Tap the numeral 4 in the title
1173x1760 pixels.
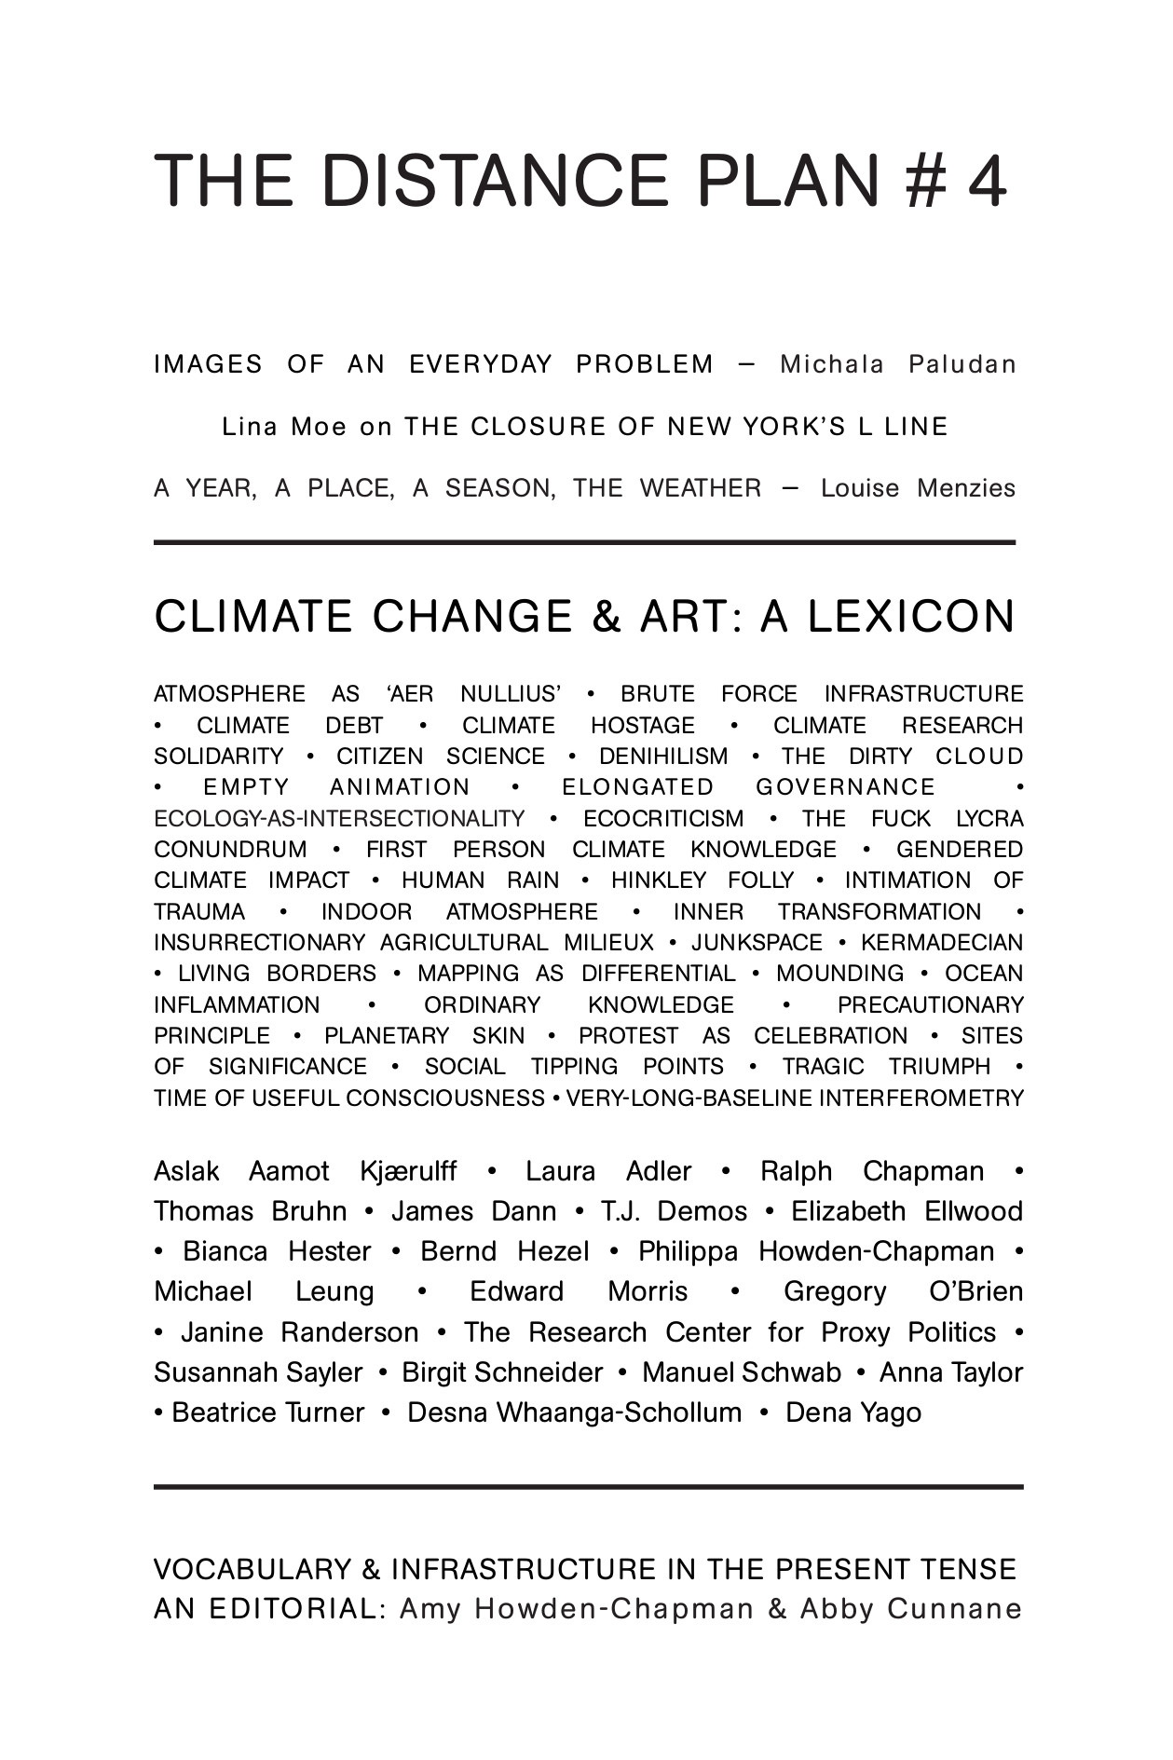point(987,181)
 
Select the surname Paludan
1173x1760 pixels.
point(962,364)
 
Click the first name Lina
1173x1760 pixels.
point(251,427)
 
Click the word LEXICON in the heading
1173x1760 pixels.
point(910,617)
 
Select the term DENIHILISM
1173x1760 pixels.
point(662,757)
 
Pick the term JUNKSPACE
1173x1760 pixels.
point(757,943)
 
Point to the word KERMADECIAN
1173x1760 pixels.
point(942,943)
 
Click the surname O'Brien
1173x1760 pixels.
point(975,1291)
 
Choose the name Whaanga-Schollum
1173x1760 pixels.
point(575,1412)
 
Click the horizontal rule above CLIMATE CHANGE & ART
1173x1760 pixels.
point(584,541)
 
